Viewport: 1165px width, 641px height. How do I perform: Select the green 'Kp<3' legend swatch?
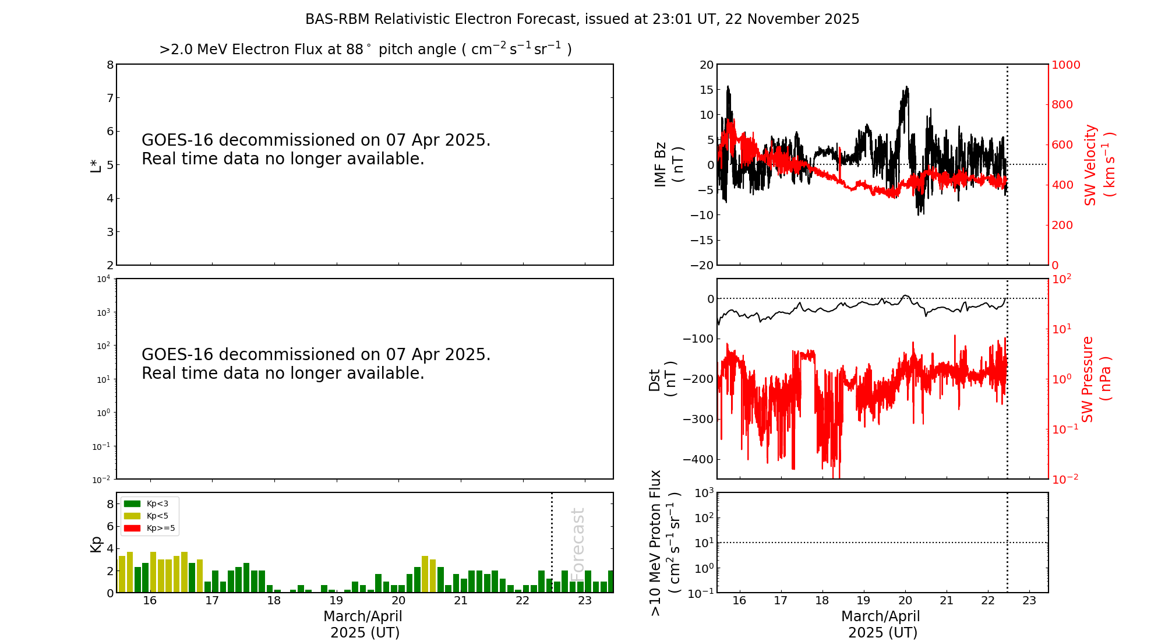click(132, 503)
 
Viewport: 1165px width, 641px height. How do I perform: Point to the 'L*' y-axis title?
click(96, 165)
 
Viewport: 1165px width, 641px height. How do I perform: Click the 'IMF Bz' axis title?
click(661, 164)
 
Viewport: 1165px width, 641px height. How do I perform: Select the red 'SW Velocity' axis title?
click(1090, 164)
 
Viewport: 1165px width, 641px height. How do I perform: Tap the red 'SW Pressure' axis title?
click(1088, 379)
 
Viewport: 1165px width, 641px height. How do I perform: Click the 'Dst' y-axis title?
click(655, 379)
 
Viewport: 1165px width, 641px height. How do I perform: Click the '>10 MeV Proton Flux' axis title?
click(656, 543)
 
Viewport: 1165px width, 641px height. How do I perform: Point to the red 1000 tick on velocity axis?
click(1065, 65)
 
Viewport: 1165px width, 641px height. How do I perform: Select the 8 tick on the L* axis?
click(110, 65)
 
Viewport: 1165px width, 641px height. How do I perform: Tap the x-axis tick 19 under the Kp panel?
click(336, 601)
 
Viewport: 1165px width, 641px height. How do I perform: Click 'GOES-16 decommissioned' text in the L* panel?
click(316, 140)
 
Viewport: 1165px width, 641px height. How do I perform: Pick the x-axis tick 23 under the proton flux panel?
click(1029, 601)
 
